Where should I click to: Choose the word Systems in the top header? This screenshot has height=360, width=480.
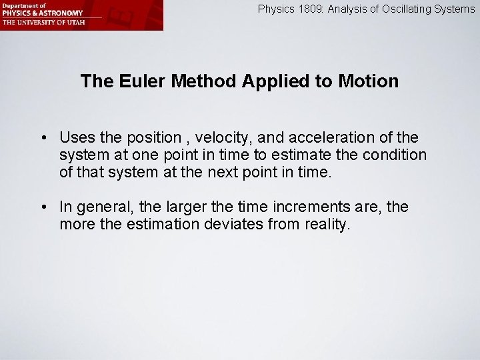456,9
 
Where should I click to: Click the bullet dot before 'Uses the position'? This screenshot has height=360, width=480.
42,138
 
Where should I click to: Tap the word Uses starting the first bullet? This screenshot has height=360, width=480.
73,137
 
